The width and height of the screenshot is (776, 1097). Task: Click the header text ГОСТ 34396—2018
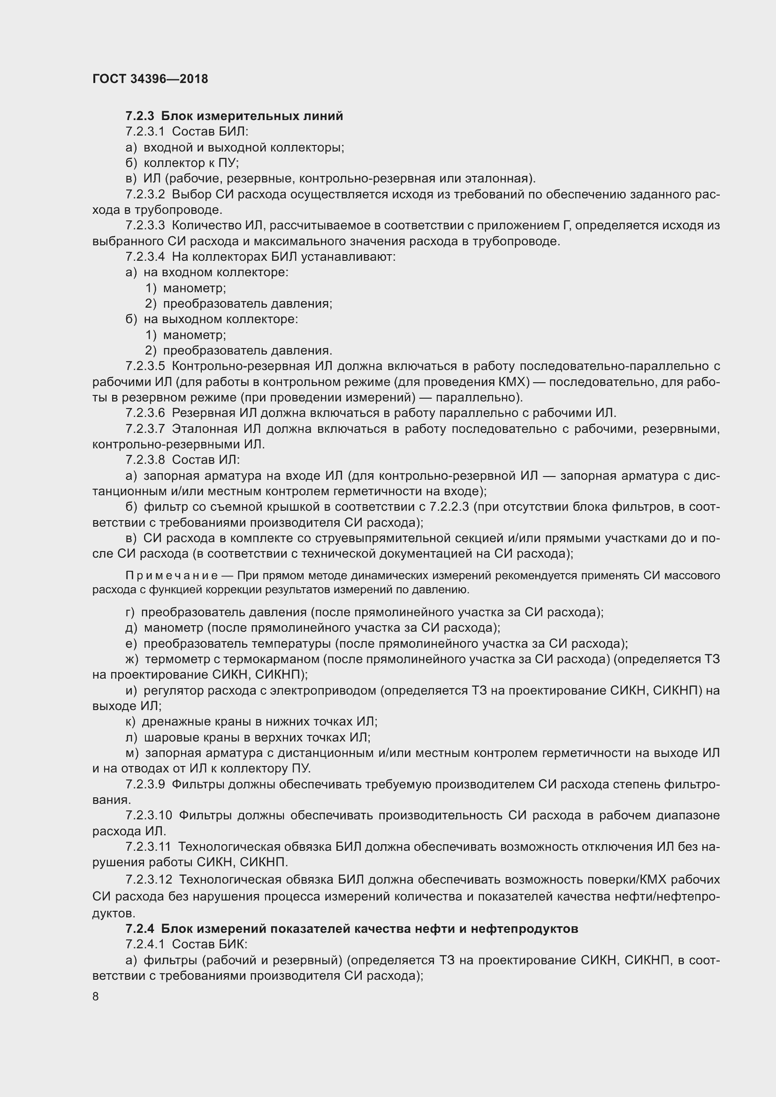(x=150, y=79)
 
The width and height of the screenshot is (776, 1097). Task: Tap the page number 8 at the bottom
(x=96, y=996)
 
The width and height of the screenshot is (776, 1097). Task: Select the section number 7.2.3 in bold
(x=140, y=116)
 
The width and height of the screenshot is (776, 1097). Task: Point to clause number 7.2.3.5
(x=145, y=366)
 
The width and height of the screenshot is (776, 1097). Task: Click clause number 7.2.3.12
(x=149, y=879)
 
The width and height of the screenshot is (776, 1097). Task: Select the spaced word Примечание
(x=172, y=575)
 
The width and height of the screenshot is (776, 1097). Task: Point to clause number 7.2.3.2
(x=145, y=195)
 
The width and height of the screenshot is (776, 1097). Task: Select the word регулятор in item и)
(x=174, y=690)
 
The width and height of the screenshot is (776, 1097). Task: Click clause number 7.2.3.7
(x=145, y=429)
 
